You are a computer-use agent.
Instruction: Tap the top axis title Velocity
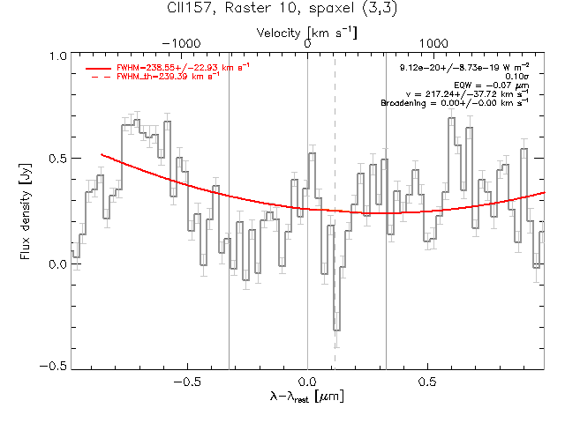pos(278,33)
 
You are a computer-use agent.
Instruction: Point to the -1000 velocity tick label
pos(181,43)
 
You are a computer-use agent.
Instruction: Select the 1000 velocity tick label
pos(433,43)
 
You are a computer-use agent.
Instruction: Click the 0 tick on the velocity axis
pos(307,43)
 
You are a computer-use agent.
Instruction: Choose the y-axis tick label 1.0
pos(58,56)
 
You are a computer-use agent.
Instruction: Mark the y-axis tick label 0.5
pos(58,159)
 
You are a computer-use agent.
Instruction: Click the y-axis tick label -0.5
pos(53,366)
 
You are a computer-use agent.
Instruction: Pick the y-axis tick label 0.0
pos(58,264)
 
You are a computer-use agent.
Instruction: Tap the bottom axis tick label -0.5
pos(187,382)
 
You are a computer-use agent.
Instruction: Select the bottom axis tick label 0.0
pos(308,382)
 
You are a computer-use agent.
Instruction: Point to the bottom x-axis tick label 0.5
pos(427,382)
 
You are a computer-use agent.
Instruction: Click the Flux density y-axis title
pos(26,211)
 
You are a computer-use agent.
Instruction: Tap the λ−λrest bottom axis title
pos(307,397)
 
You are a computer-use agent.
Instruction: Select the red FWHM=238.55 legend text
pos(183,67)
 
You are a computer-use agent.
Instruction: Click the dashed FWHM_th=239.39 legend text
pos(168,77)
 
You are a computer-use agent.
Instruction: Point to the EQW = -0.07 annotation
pos(492,85)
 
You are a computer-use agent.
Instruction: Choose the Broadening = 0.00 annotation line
pos(455,103)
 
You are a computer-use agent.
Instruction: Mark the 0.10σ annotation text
pos(517,77)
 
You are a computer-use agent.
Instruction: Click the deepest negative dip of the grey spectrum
pos(336,330)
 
